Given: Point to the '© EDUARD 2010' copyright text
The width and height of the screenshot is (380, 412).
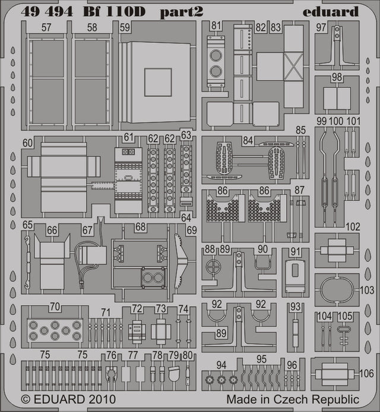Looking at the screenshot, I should tap(68, 399).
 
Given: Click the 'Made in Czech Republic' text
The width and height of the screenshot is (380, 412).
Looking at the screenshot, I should tap(292, 399).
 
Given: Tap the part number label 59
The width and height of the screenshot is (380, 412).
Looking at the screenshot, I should tap(125, 27).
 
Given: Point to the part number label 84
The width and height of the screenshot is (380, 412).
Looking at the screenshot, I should tap(247, 140).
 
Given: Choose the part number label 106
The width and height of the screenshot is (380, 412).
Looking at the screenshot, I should tap(367, 373).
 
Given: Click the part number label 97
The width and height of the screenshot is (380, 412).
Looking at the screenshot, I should tap(338, 27).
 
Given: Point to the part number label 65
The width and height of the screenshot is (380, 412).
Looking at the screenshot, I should tap(27, 225).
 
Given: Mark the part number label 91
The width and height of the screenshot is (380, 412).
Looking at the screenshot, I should tap(296, 252).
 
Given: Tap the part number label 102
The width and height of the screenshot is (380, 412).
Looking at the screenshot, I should tap(353, 227).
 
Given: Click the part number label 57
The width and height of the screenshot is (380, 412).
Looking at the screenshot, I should tap(46, 27).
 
